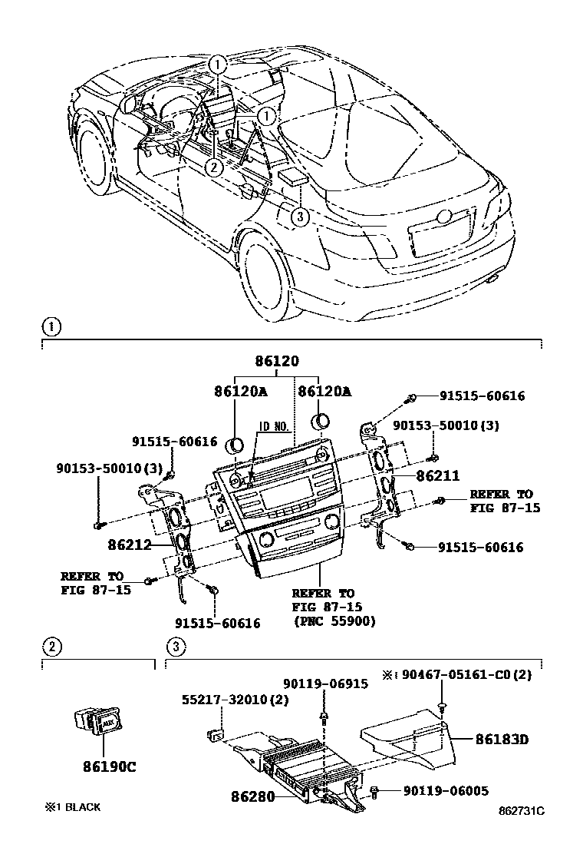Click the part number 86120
coord(277,362)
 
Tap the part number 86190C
coord(100,766)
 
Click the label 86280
coord(252,796)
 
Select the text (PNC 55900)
coord(334,621)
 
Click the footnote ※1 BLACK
coord(72,807)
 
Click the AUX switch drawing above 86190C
coord(95,722)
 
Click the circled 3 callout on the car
coord(300,218)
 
